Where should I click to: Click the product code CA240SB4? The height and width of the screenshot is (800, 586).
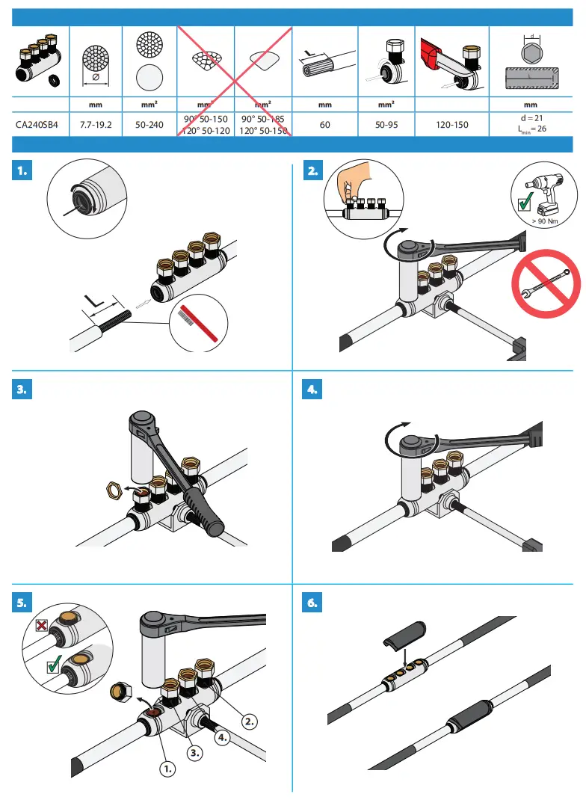coord(37,124)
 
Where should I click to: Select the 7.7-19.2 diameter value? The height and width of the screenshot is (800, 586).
coord(95,124)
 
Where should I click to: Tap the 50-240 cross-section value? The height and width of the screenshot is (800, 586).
coord(149,124)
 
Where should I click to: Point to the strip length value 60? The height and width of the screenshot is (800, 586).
coord(324,124)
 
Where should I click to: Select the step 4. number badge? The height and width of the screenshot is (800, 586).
coord(313,389)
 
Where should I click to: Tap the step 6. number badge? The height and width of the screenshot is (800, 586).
coord(313,603)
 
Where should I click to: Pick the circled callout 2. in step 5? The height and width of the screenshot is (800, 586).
coord(250,721)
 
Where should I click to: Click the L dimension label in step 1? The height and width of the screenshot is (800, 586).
coord(94,301)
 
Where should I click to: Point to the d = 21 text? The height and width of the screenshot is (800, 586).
coord(531,118)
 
